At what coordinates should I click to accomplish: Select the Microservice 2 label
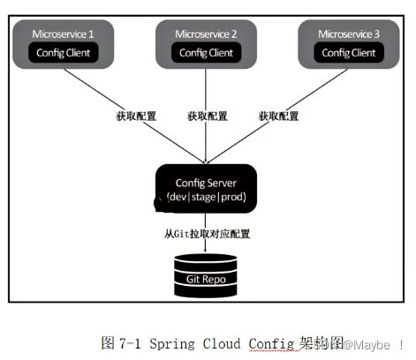coord(208,34)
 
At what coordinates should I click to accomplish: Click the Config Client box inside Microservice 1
coord(63,52)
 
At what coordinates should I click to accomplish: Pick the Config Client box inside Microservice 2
coord(208,52)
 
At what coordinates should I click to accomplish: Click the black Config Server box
coord(207,187)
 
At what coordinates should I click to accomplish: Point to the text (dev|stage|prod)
coord(207,196)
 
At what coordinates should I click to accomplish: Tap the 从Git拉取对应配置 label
coord(207,234)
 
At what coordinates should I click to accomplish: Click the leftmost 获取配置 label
coord(135,116)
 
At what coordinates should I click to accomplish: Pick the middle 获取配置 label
coord(207,116)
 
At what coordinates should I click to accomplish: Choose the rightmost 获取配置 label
coord(278,116)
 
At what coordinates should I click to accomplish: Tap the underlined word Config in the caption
coord(272,342)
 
